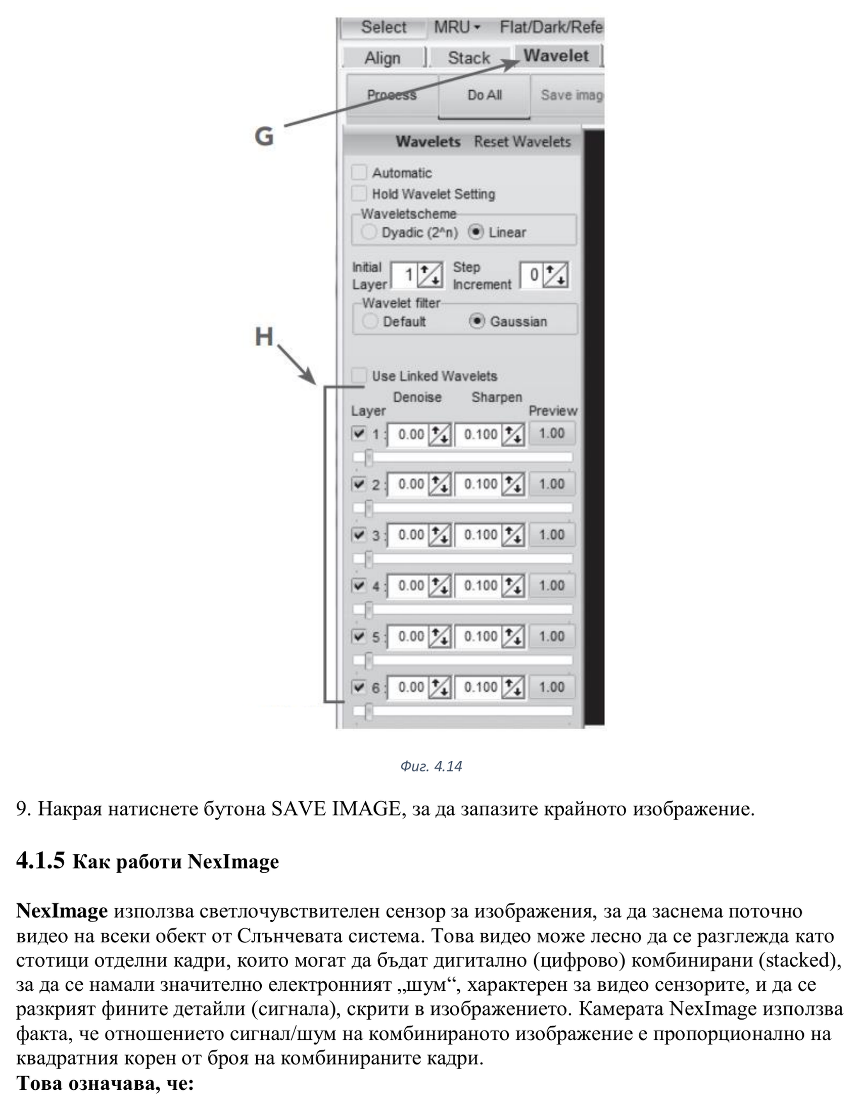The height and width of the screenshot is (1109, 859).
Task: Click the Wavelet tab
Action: [x=556, y=56]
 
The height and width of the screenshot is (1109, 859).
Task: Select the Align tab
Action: [x=382, y=58]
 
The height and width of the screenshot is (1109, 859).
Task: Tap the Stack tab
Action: [x=468, y=58]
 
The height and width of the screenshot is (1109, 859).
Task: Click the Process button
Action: [x=392, y=95]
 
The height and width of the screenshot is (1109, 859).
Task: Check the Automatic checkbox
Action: [x=359, y=172]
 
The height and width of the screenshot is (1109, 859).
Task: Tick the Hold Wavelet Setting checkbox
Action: [x=359, y=194]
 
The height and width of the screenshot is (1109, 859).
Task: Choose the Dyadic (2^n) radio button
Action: [x=368, y=232]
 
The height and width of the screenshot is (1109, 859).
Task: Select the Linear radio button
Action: [x=475, y=232]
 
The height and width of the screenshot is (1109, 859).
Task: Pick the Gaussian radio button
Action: [x=476, y=321]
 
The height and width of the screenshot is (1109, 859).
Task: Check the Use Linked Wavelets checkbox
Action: [x=359, y=376]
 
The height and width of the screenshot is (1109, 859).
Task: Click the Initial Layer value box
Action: [x=404, y=275]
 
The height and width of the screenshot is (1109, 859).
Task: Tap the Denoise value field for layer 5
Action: [x=409, y=636]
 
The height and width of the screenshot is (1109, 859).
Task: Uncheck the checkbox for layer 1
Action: [x=359, y=433]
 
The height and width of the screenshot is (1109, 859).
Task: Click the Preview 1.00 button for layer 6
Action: [x=552, y=687]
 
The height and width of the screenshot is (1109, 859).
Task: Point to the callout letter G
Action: [x=264, y=136]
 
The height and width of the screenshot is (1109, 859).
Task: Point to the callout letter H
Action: [x=264, y=336]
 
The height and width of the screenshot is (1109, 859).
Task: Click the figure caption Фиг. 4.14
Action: [x=431, y=766]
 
